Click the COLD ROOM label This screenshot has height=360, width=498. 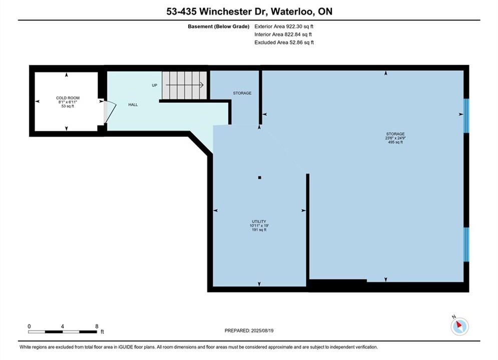[68, 98]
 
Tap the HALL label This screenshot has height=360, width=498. [133, 104]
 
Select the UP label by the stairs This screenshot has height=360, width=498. [154, 85]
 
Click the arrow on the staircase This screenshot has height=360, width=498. [185, 85]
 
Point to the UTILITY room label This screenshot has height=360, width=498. [259, 221]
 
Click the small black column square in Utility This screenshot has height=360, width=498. [259, 177]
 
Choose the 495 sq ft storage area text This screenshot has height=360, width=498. [395, 142]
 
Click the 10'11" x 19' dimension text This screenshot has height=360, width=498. [259, 225]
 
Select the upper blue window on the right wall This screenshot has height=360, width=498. [466, 116]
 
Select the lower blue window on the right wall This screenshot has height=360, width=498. [466, 244]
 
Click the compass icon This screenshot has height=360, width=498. [459, 325]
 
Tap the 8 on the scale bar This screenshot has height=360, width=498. [97, 326]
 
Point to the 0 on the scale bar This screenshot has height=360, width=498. [29, 326]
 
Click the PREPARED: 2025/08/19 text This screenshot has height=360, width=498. [249, 330]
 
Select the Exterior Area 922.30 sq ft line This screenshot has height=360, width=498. [284, 26]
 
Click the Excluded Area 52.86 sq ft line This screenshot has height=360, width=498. [284, 42]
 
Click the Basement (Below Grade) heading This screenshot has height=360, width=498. [219, 26]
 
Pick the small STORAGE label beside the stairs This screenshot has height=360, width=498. [242, 93]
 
